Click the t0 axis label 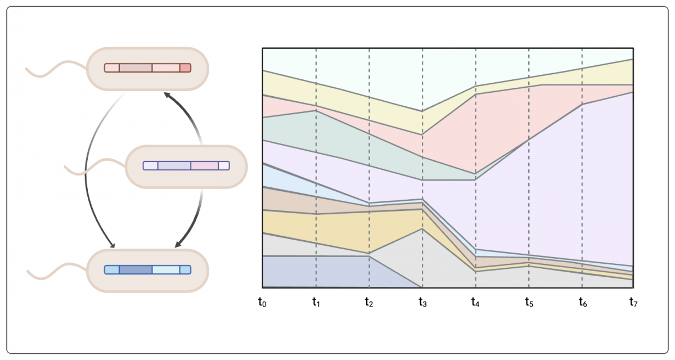(x=262, y=302)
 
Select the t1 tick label (x=316, y=302)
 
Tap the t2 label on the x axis (x=368, y=302)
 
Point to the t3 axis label (x=422, y=302)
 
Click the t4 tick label (x=475, y=302)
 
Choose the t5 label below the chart (x=529, y=302)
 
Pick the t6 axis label (x=582, y=302)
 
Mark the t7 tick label (x=634, y=302)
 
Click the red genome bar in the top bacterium (x=147, y=68)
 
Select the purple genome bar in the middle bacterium (x=186, y=165)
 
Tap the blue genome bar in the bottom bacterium (x=147, y=269)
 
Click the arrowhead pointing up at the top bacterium (x=165, y=96)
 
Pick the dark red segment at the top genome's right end (x=185, y=68)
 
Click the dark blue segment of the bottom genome (x=135, y=269)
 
